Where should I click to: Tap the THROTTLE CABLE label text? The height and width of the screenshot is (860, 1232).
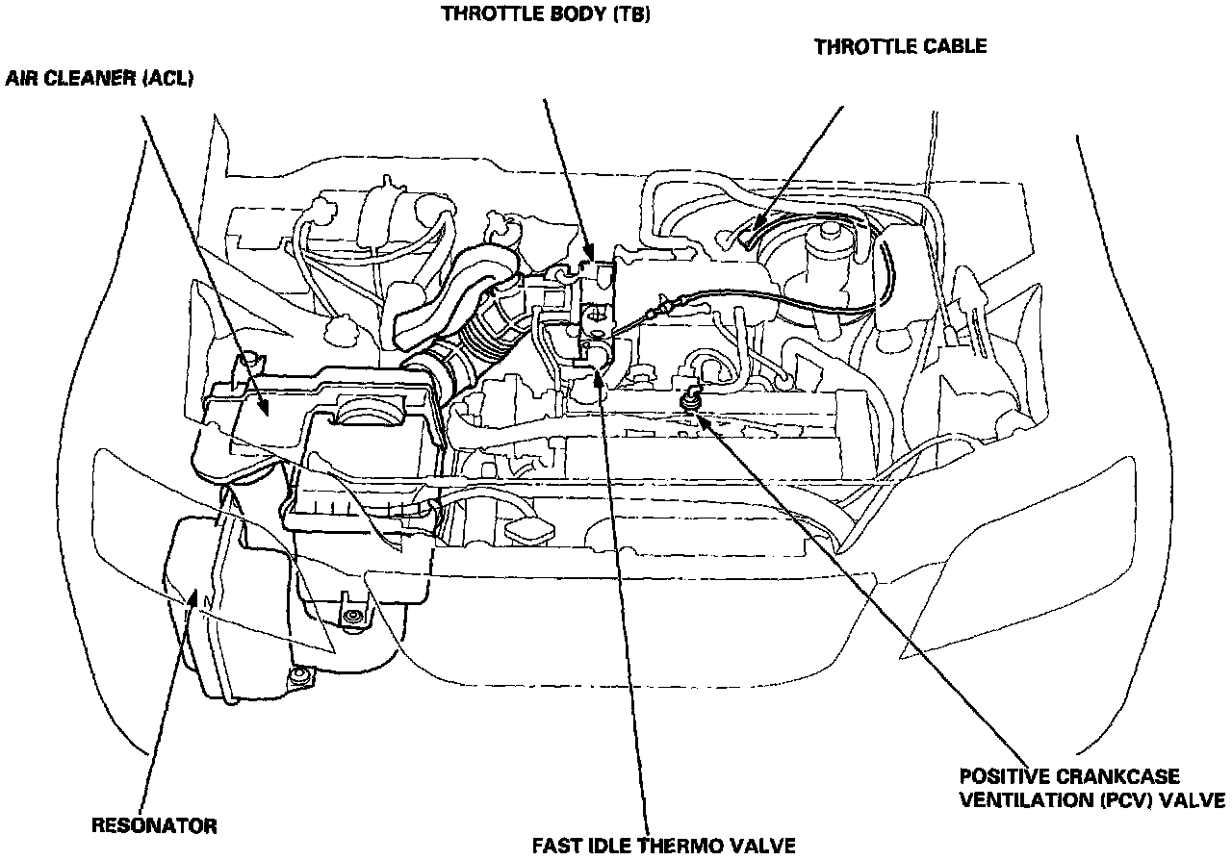(900, 47)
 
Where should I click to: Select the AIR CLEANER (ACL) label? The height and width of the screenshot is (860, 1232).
(100, 79)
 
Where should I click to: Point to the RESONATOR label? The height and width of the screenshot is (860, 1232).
(154, 825)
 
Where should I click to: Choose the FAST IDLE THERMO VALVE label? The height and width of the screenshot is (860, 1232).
(664, 846)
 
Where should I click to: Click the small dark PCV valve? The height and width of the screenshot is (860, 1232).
(689, 395)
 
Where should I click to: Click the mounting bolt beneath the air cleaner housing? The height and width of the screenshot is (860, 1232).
(354, 617)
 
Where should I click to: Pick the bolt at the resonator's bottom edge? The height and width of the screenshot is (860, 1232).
(301, 678)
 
